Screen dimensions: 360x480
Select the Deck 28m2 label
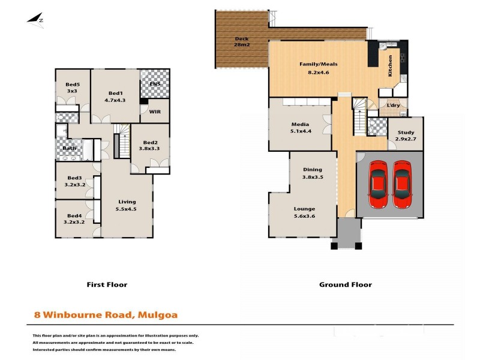coord(242,43)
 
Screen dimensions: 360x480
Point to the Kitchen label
coord(390,65)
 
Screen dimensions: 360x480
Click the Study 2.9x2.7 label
coord(406,135)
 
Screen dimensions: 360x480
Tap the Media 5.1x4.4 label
coord(300,128)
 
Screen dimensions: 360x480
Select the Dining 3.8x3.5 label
coord(312,173)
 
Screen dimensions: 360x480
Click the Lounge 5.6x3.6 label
coord(304,212)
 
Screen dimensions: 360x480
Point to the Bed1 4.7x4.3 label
coord(115,97)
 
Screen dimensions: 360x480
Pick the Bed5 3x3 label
coord(73,88)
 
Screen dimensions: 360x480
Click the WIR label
coord(155,112)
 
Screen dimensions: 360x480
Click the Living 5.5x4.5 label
coord(127,205)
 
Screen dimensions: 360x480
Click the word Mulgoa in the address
coord(158,314)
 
